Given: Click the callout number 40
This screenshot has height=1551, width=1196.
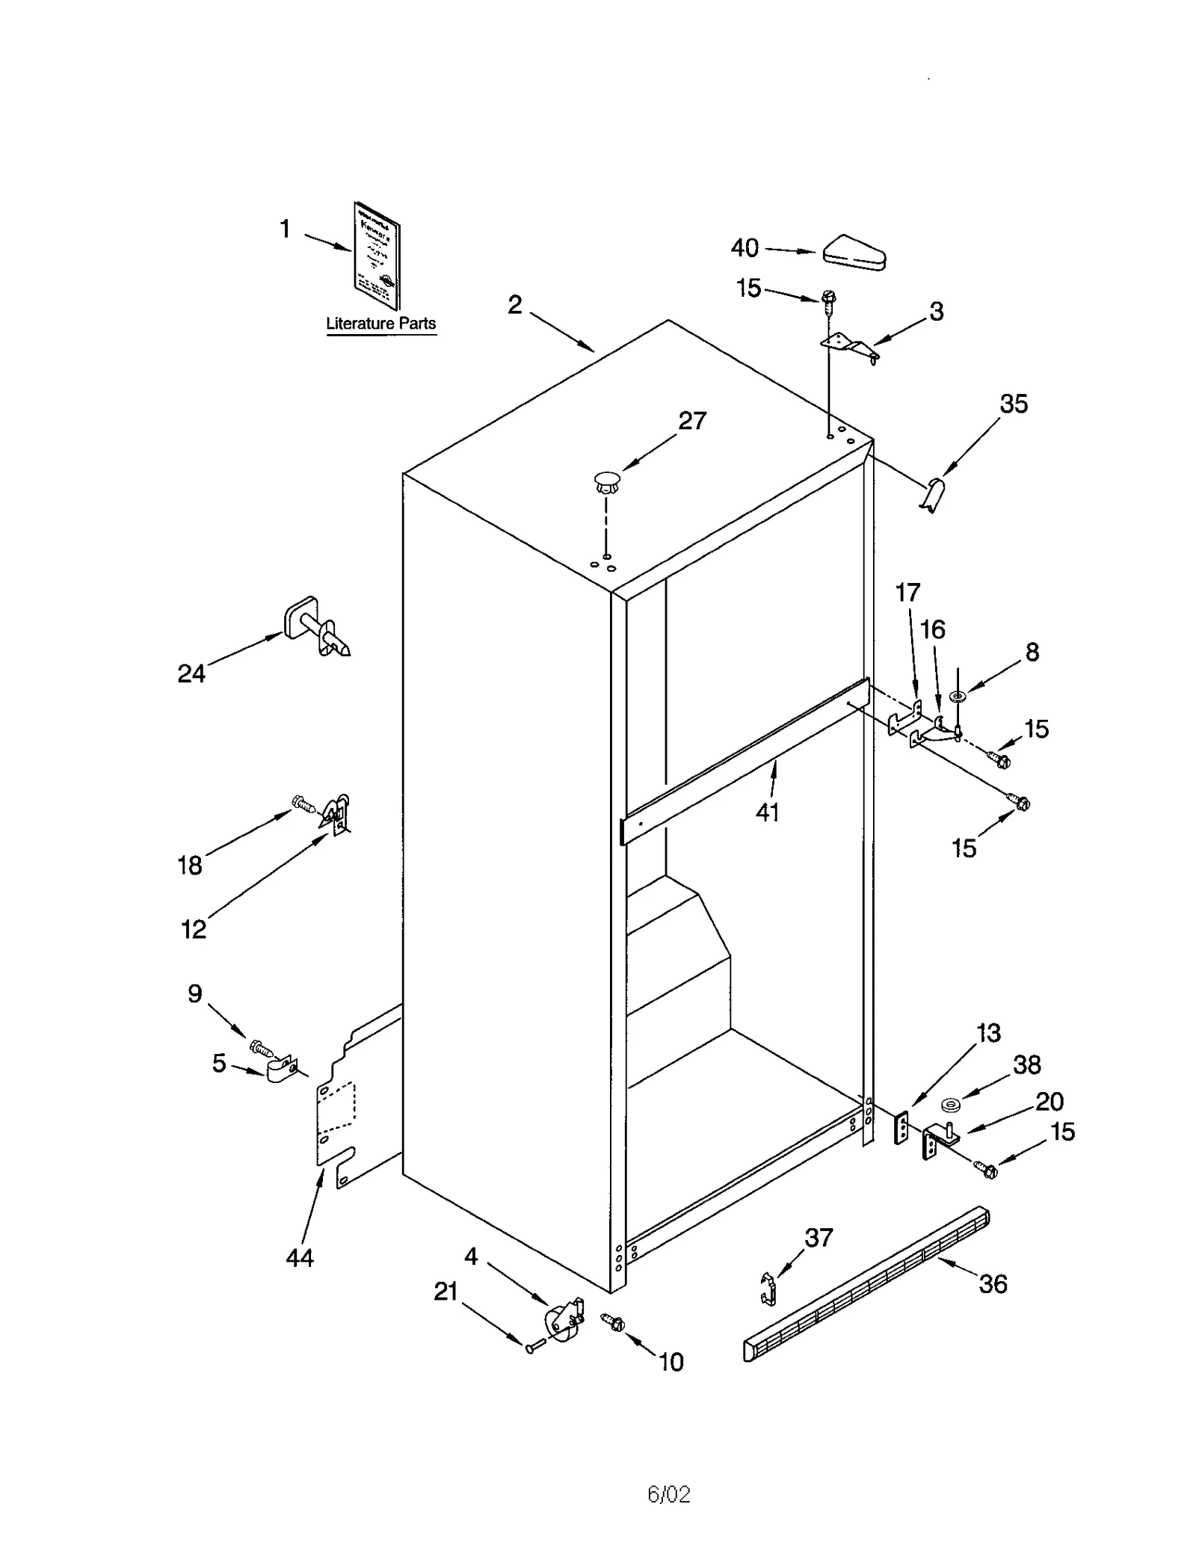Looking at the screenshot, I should pos(744,247).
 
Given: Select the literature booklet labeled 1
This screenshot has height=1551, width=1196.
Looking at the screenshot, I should pos(377,255).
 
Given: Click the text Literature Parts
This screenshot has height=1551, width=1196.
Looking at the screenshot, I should pos(380,324).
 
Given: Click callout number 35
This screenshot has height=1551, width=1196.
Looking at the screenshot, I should pos(1014,404).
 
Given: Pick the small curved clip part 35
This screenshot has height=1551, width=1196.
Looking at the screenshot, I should pos(933,495).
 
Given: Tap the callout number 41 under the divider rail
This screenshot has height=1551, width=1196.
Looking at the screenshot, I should pos(767,812).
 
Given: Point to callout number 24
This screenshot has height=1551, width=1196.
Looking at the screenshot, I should pos(191,673).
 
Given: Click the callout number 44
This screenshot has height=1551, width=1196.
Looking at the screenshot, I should pos(300,1258).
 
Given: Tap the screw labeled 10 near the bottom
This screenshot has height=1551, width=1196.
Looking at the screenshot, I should pos(614,1322).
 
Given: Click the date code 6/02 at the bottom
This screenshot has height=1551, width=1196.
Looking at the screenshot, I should pos(668,1494).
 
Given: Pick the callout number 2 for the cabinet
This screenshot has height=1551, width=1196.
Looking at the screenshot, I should pos(514,305).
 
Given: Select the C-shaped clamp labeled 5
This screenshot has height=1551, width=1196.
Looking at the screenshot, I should pos(279,1070).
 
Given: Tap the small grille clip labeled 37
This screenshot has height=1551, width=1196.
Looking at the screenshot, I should pos(768,1288).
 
